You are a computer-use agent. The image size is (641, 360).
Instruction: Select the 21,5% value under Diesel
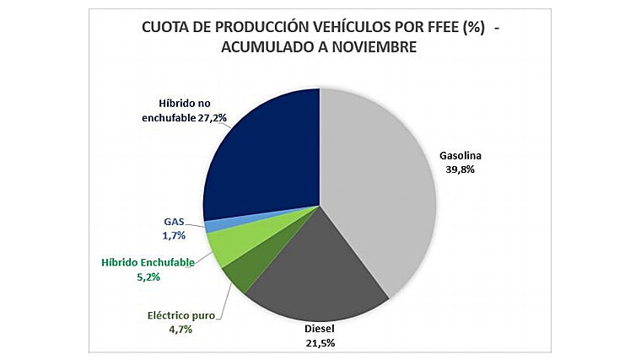point(320,343)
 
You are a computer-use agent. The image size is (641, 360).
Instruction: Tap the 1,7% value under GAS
point(175,235)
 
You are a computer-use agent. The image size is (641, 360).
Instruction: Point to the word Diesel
point(320,330)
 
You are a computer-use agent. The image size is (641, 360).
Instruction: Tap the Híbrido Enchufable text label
point(148,262)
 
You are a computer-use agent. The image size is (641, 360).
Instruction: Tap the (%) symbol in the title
point(470,28)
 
